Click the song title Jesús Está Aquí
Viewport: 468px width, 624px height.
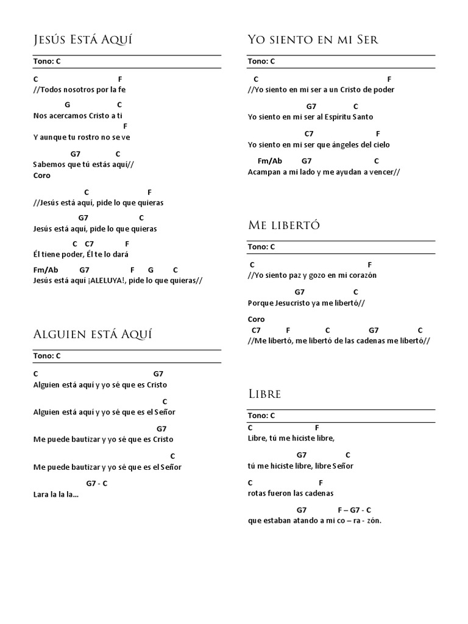[x=82, y=40]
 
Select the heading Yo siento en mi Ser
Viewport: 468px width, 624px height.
[x=313, y=40]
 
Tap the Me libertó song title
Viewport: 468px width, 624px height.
[x=284, y=226]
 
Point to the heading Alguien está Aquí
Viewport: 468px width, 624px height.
[x=92, y=335]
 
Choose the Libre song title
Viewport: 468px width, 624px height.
[x=264, y=394]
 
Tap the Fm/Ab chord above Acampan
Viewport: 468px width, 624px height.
[x=270, y=161]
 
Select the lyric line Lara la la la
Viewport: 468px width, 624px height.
[x=56, y=494]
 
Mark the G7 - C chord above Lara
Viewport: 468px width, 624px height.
[x=97, y=483]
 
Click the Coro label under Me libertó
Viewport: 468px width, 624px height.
[x=256, y=319]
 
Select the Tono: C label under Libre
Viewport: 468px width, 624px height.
[x=261, y=416]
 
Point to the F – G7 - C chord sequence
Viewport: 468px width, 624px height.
[x=354, y=509]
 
